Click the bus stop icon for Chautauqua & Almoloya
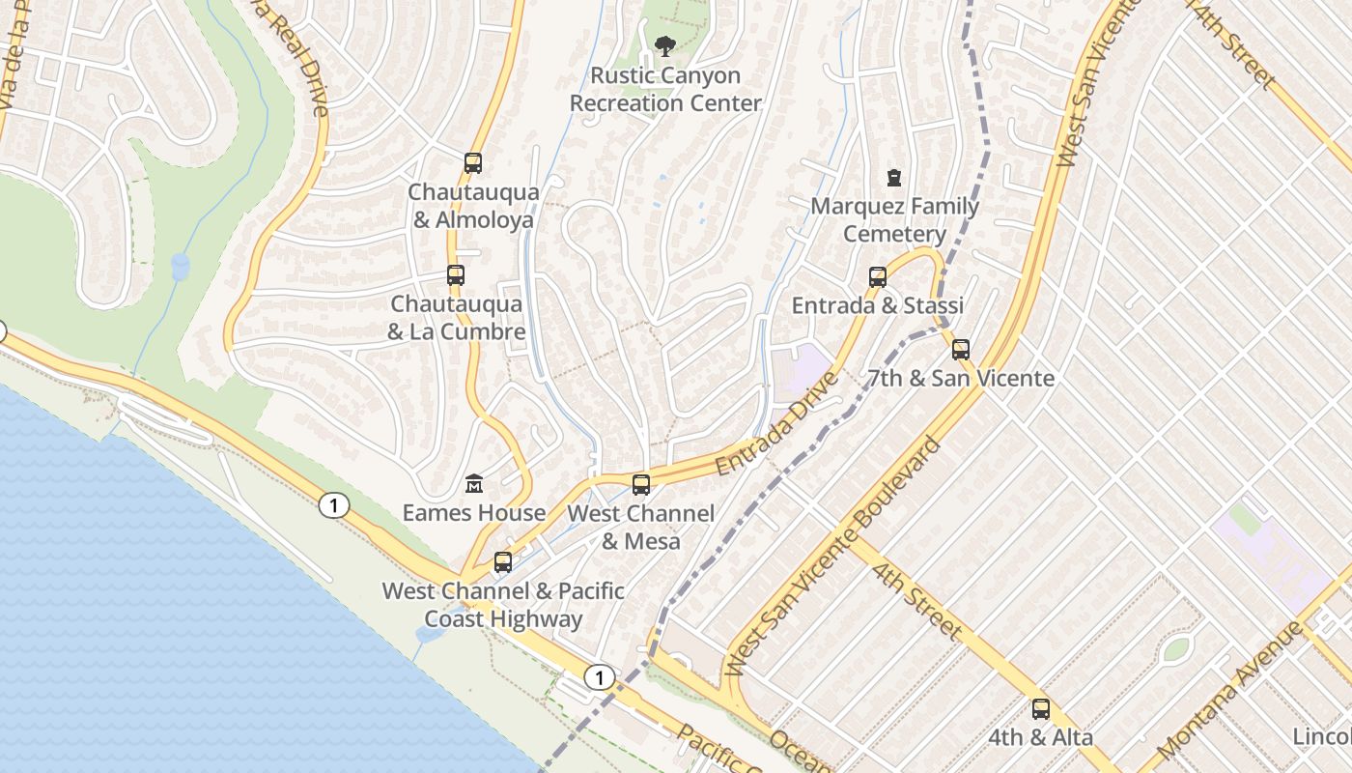pos(473,163)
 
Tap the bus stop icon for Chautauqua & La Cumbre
pos(456,275)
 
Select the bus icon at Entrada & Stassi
pos(878,277)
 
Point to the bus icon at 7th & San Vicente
pos(961,350)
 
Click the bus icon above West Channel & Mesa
pos(641,485)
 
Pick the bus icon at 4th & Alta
pos(1041,709)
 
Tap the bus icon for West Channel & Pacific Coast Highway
pos(503,562)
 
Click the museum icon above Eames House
pos(474,483)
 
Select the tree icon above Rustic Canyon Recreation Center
pos(664,44)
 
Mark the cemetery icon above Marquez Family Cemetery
pos(894,178)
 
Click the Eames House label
pos(474,513)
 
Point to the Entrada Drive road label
pos(776,422)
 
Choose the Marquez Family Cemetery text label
pos(894,220)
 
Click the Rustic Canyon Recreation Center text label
pos(665,89)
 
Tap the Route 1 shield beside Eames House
pos(333,505)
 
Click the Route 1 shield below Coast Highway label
pos(600,677)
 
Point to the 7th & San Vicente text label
pos(961,378)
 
